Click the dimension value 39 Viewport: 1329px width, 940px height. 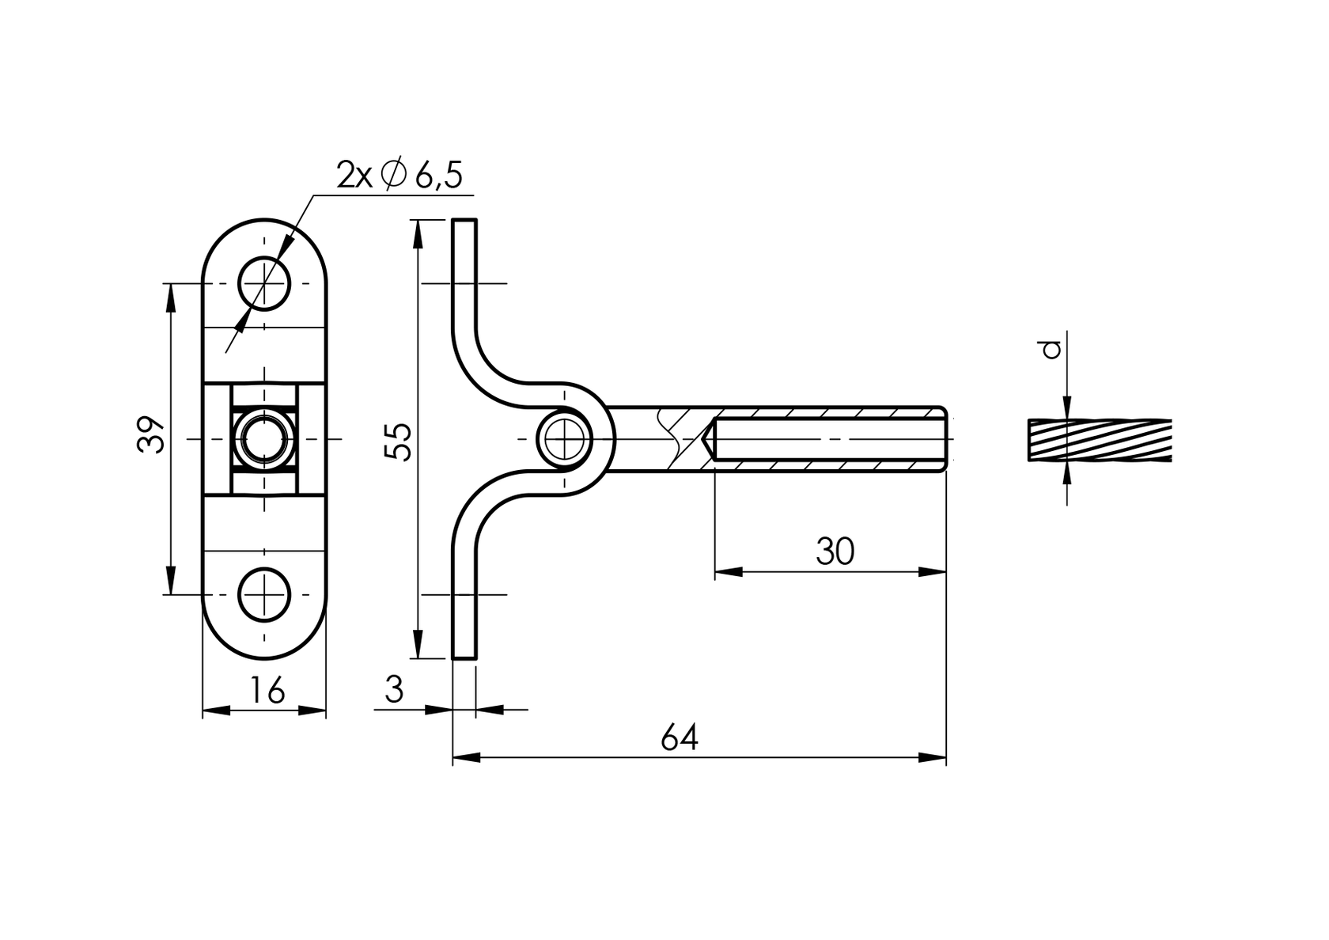(x=151, y=434)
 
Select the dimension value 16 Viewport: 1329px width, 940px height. (x=267, y=691)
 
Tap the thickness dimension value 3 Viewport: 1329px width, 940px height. (x=394, y=690)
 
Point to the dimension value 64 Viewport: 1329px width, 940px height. (x=680, y=737)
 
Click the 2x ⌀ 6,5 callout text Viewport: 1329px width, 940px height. (x=399, y=175)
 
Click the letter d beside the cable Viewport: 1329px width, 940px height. (x=1051, y=349)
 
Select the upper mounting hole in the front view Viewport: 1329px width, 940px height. (x=265, y=283)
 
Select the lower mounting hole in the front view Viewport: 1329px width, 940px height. (x=265, y=594)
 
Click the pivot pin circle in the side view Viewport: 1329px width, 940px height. (x=565, y=438)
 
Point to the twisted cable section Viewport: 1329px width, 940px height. (x=1100, y=440)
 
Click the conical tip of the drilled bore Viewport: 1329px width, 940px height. (x=709, y=438)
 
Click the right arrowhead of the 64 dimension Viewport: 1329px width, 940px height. (x=933, y=758)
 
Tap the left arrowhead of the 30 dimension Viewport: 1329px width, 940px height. (x=728, y=571)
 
